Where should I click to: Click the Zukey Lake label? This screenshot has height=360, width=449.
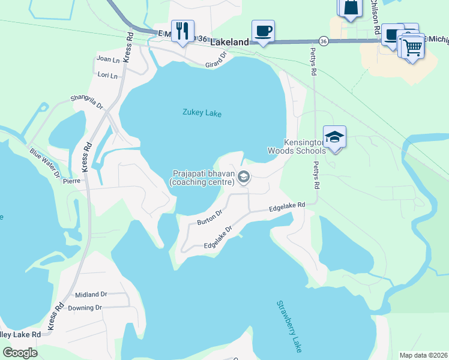[x=202, y=112]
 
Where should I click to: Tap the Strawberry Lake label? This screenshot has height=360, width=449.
[x=289, y=326]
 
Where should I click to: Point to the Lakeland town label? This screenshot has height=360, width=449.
[x=229, y=43]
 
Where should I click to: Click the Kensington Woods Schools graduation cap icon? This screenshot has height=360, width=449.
[x=334, y=137]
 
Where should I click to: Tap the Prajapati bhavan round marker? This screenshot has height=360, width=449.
[x=244, y=176]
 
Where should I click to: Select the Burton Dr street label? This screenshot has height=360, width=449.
[x=210, y=217]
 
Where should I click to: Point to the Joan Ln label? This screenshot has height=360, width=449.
[x=107, y=59]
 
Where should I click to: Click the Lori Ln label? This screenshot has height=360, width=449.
[x=107, y=76]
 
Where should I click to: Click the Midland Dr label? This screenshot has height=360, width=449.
[x=91, y=295]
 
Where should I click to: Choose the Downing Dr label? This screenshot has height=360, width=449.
[x=85, y=308]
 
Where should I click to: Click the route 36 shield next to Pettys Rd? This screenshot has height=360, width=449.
[x=324, y=41]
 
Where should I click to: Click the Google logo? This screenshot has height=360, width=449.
[x=20, y=353]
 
